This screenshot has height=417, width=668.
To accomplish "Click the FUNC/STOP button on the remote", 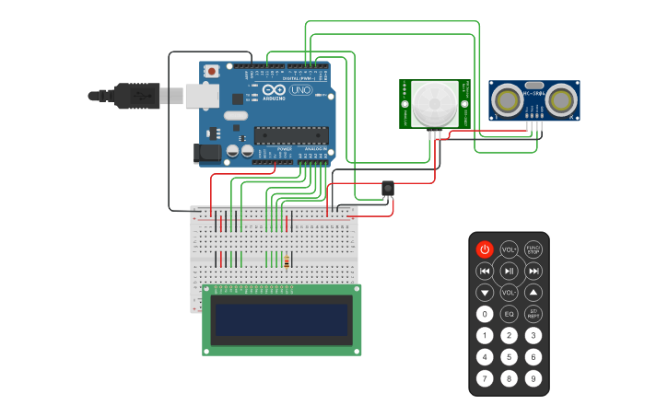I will pyautogui.click(x=533, y=249).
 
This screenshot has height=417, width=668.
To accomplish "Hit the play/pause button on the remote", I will pyautogui.click(x=509, y=271).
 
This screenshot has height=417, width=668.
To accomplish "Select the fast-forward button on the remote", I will pyautogui.click(x=533, y=271).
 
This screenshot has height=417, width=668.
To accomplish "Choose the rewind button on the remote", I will pyautogui.click(x=485, y=271).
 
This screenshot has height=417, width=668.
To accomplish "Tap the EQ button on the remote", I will pyautogui.click(x=509, y=314).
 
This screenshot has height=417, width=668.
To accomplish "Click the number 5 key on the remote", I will pyautogui.click(x=509, y=357).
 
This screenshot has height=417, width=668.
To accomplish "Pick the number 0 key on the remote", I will pyautogui.click(x=485, y=314).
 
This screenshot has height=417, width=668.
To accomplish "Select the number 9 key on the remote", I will pyautogui.click(x=533, y=378).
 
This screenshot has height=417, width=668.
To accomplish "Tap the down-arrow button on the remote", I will pyautogui.click(x=485, y=293).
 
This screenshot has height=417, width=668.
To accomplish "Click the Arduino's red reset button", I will pyautogui.click(x=212, y=71).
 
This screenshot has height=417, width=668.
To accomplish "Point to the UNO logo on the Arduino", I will pyautogui.click(x=301, y=90).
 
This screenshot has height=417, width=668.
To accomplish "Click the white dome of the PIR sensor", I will pyautogui.click(x=434, y=103).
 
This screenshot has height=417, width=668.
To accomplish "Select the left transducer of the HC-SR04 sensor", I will pyautogui.click(x=506, y=99).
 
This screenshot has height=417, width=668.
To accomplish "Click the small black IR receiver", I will pyautogui.click(x=388, y=188).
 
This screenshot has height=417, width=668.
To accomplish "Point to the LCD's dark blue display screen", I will pyautogui.click(x=282, y=319).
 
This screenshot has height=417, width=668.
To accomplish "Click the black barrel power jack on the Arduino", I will pyautogui.click(x=207, y=154).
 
